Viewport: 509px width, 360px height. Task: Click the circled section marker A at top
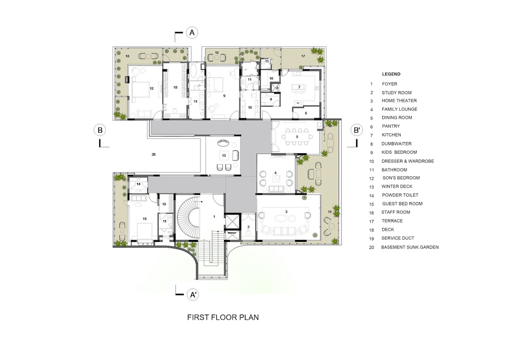[x=192, y=33]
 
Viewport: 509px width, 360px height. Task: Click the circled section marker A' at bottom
[x=192, y=295]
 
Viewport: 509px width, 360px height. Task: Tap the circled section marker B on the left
[x=100, y=130]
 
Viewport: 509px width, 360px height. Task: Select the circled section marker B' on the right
[x=357, y=130]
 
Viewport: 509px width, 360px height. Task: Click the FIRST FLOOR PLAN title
[x=223, y=317]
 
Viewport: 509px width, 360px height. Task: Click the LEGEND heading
[x=391, y=74]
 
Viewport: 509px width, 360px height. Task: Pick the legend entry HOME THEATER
[x=399, y=101]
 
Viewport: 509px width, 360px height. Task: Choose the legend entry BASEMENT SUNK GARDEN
[x=410, y=247]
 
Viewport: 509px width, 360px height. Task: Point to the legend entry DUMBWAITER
[x=397, y=144]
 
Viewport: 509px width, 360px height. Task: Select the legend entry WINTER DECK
[x=397, y=186]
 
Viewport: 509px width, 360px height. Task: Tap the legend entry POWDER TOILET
[x=400, y=195]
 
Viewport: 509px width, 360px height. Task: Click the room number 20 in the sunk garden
[x=154, y=154]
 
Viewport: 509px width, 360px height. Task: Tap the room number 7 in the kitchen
[x=299, y=87]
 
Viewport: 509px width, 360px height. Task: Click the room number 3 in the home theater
[x=286, y=212]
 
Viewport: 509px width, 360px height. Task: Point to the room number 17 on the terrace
[x=303, y=56]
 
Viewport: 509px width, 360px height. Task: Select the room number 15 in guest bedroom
[x=145, y=219]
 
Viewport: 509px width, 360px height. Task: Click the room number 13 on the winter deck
[x=223, y=155]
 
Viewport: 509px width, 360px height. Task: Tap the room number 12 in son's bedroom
[x=151, y=88]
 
